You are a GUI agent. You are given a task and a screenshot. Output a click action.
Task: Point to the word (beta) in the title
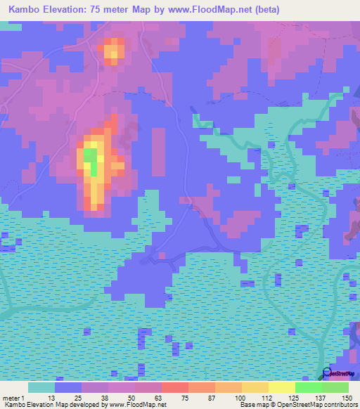click(265, 10)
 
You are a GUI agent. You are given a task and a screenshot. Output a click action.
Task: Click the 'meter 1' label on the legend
click(12, 398)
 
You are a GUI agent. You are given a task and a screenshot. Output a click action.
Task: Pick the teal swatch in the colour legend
click(41, 387)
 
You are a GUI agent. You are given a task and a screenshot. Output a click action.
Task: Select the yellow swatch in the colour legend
click(282, 387)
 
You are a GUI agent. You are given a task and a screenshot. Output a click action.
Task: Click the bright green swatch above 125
click(309, 387)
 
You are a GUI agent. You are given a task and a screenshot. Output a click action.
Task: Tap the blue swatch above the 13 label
click(68, 387)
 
